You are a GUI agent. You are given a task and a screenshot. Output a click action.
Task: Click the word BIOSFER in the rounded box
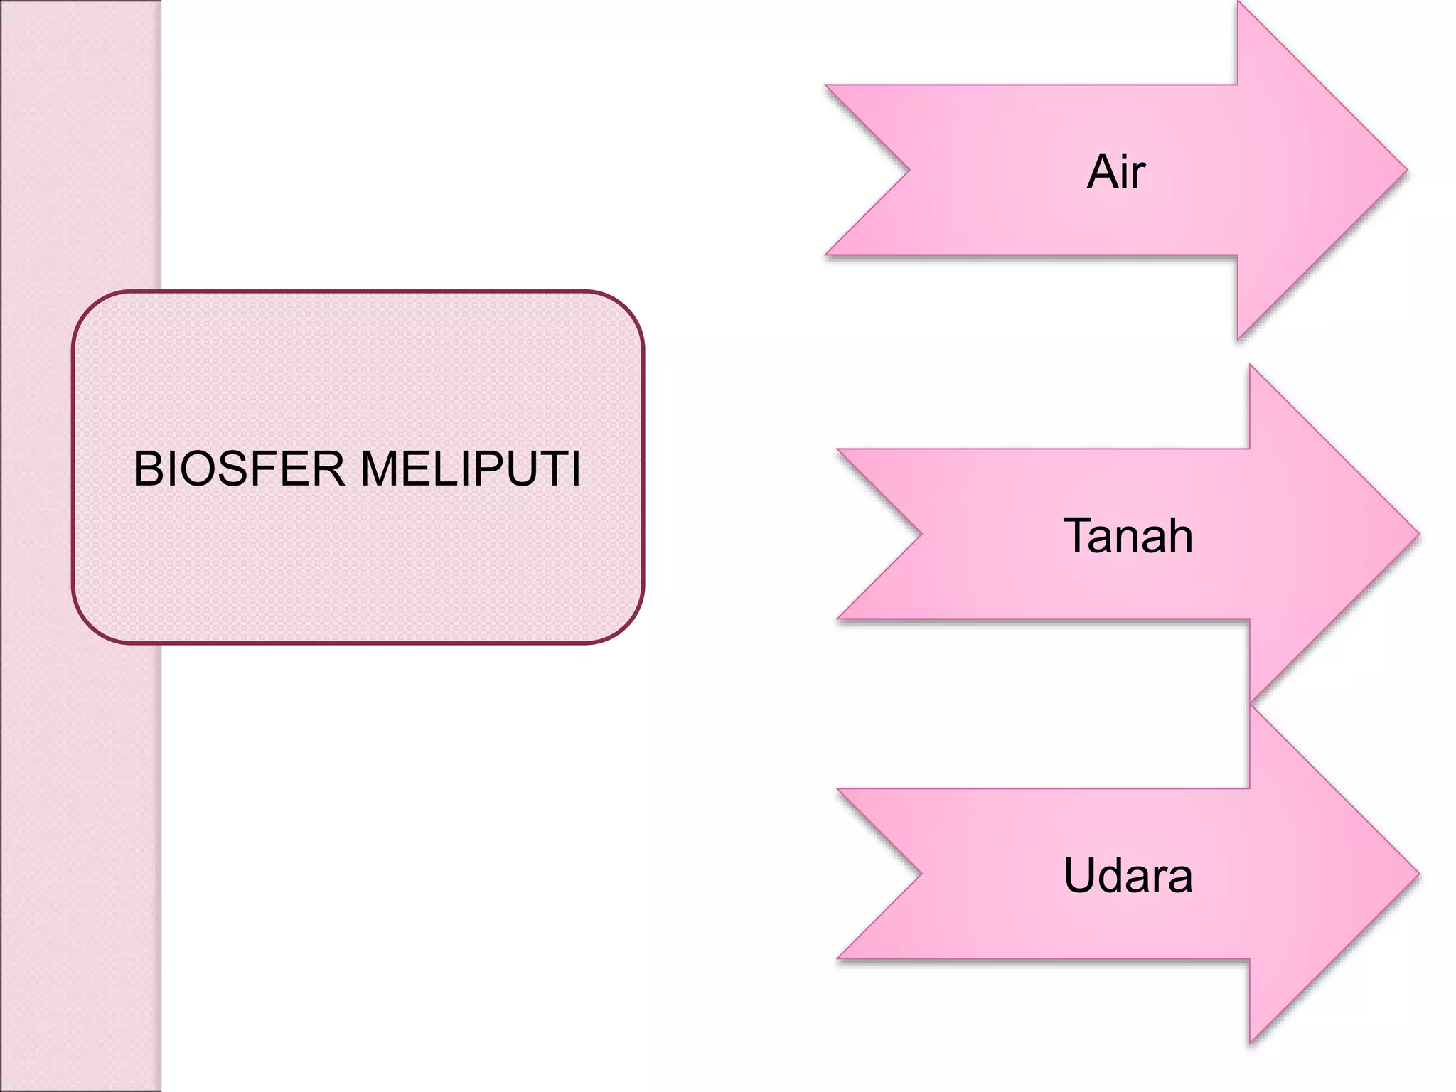tap(239, 469)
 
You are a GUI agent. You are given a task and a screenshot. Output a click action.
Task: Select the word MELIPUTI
tap(471, 469)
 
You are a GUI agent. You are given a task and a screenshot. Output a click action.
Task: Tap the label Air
tap(1116, 172)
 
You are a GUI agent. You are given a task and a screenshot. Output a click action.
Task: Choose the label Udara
tap(1128, 875)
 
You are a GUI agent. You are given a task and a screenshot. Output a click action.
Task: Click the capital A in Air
tap(1102, 172)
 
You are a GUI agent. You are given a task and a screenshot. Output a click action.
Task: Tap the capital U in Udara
tap(1081, 875)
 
